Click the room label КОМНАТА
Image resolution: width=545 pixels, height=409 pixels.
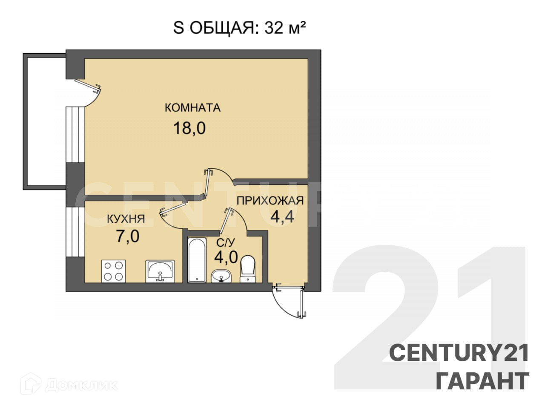[x=192, y=107]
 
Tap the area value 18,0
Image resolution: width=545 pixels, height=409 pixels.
[x=189, y=128]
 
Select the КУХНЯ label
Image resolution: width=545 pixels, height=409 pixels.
[x=126, y=219]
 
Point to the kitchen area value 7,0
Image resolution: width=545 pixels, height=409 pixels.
[x=128, y=236]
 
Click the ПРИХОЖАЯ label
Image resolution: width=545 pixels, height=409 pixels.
[x=270, y=200]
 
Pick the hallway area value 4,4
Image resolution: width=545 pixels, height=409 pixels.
[x=282, y=217]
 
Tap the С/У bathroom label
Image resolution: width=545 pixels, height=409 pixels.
[x=226, y=243]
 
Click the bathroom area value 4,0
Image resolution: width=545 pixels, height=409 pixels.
[x=226, y=257]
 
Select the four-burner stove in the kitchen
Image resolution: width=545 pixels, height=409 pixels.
[x=114, y=271]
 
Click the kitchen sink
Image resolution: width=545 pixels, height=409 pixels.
[x=160, y=271]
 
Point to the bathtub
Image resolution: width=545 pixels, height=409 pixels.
[x=197, y=260]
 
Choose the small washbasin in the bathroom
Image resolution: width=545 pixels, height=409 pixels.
[x=221, y=276]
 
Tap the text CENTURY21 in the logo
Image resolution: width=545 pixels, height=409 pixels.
[x=459, y=353]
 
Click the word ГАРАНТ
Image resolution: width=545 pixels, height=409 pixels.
[x=482, y=381]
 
